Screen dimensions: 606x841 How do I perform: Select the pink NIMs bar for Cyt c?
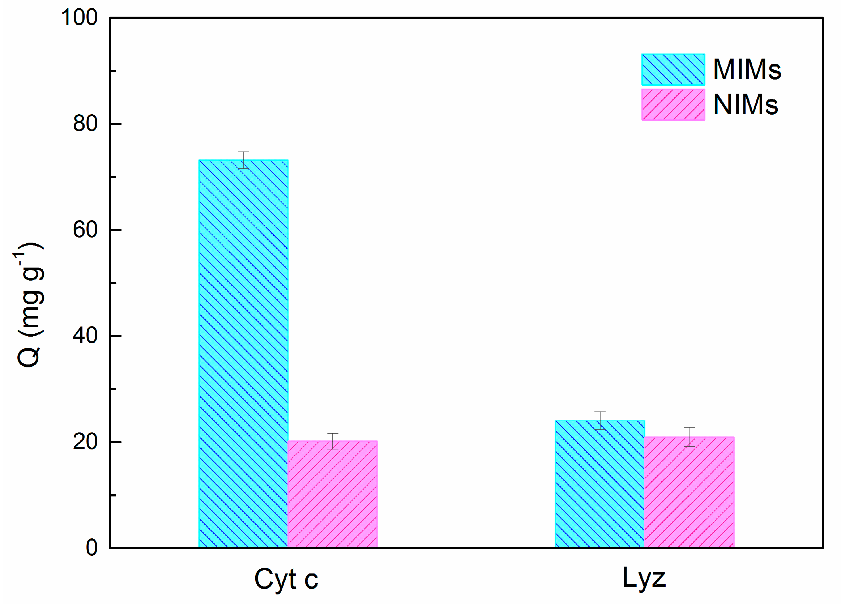point(333,494)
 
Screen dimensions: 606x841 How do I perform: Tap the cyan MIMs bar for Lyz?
point(599,484)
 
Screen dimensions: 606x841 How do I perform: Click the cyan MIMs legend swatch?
point(673,69)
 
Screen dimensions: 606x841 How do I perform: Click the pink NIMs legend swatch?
point(673,104)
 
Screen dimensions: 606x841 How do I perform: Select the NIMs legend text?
point(745,104)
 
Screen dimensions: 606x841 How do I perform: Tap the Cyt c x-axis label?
point(286,579)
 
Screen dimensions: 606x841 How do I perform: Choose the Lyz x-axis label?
point(644,578)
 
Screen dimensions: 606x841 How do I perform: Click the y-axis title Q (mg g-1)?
point(30,304)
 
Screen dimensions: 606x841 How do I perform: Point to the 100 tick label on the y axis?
point(79,17)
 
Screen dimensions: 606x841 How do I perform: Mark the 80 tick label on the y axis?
point(85,124)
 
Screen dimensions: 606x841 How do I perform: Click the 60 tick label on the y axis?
point(85,230)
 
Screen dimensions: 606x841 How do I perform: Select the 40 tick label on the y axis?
point(85,336)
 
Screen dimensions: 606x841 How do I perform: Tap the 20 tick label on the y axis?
point(85,442)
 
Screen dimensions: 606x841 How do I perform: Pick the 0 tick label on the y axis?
point(91,547)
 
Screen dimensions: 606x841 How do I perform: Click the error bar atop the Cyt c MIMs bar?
point(243,160)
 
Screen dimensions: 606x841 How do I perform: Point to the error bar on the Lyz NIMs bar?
point(689,437)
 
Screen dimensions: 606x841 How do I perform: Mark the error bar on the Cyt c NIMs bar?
point(333,441)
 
